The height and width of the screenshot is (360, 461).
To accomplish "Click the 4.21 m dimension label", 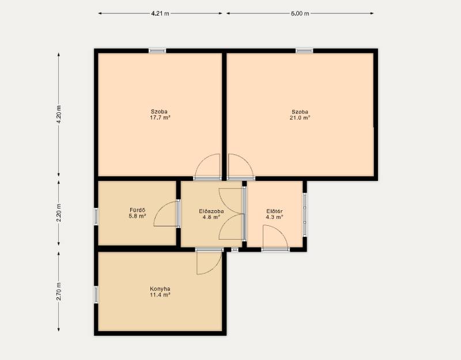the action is click(x=160, y=13).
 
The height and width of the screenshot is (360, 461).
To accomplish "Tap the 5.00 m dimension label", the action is click(x=300, y=13).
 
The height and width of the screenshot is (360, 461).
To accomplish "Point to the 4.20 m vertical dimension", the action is click(x=59, y=114).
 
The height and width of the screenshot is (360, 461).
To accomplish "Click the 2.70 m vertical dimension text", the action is click(x=59, y=291).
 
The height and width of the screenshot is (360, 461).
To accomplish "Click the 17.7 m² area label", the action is click(x=160, y=118).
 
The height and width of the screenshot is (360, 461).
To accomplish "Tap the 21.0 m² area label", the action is click(x=300, y=118).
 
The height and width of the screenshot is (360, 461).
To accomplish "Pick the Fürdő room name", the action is click(x=137, y=210).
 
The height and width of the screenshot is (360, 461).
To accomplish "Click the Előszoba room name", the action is click(x=211, y=211).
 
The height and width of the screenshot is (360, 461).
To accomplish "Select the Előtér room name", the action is click(x=275, y=211).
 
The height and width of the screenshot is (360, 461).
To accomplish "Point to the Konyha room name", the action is click(x=160, y=289).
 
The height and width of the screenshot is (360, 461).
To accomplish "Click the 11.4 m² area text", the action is click(x=160, y=295).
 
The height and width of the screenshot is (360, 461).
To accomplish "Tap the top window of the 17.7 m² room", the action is click(x=157, y=51).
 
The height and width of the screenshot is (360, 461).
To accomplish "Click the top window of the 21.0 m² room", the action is click(x=304, y=51).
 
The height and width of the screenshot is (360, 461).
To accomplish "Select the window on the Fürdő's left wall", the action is click(x=96, y=217).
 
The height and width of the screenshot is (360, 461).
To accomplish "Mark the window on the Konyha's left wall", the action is click(x=96, y=295).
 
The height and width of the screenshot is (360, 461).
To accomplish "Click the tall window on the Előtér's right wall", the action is click(x=305, y=214).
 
